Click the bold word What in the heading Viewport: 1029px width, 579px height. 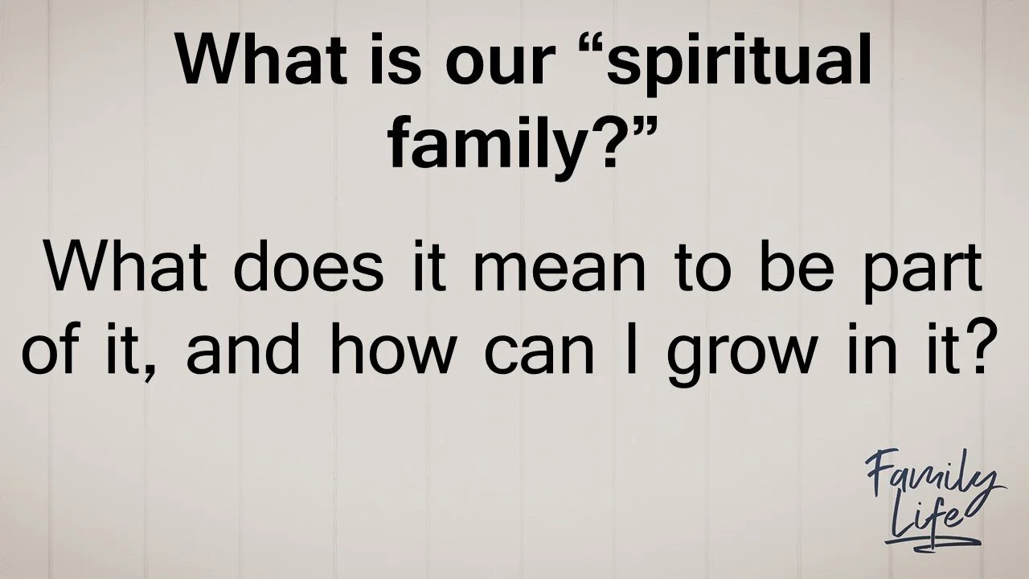tap(246, 61)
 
